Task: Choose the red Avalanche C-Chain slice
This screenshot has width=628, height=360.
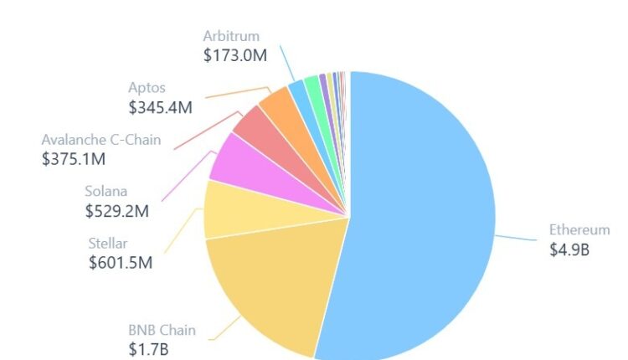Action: click(x=251, y=127)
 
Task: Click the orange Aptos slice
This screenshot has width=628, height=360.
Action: click(x=275, y=105)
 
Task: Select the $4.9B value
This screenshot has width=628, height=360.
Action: click(x=569, y=249)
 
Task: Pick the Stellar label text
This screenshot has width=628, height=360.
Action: click(x=108, y=243)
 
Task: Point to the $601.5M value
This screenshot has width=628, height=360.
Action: click(x=121, y=263)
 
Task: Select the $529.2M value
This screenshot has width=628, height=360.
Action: click(x=117, y=210)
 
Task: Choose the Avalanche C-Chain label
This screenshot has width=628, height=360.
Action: click(x=100, y=139)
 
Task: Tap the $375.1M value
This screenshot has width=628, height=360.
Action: click(x=74, y=158)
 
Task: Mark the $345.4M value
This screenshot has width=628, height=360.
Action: click(x=161, y=107)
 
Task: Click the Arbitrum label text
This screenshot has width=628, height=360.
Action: click(x=231, y=36)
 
